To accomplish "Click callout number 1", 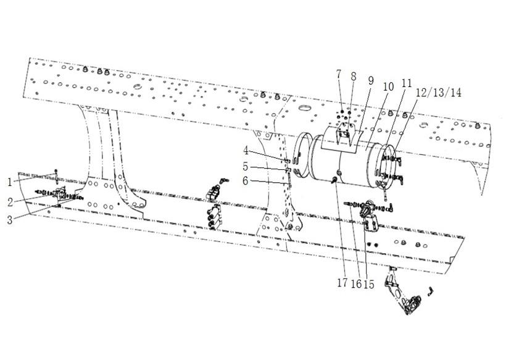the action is (10, 182).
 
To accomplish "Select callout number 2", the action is (10, 202).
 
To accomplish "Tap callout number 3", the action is (10, 220).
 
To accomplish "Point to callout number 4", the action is (246, 151).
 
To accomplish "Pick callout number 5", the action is (246, 167).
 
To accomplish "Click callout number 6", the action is (246, 180).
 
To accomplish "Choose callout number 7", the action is (339, 74).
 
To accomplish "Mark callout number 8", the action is (353, 77).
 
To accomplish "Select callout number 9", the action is (371, 81).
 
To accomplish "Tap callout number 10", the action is (388, 87).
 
